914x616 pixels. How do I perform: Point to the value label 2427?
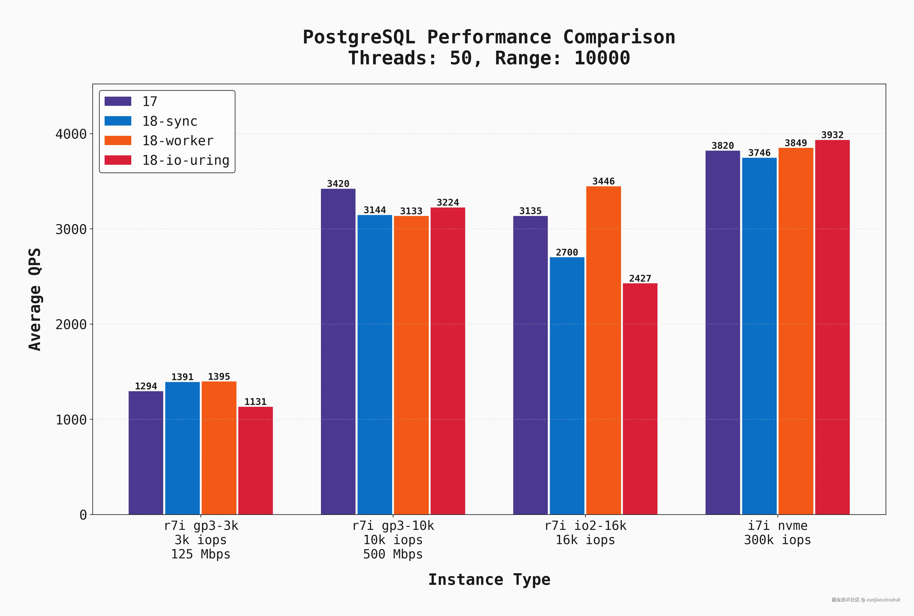640,278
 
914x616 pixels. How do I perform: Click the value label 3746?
759,153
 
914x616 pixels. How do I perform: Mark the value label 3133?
411,211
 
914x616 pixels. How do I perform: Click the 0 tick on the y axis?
83,515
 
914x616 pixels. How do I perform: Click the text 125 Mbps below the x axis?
201,554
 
